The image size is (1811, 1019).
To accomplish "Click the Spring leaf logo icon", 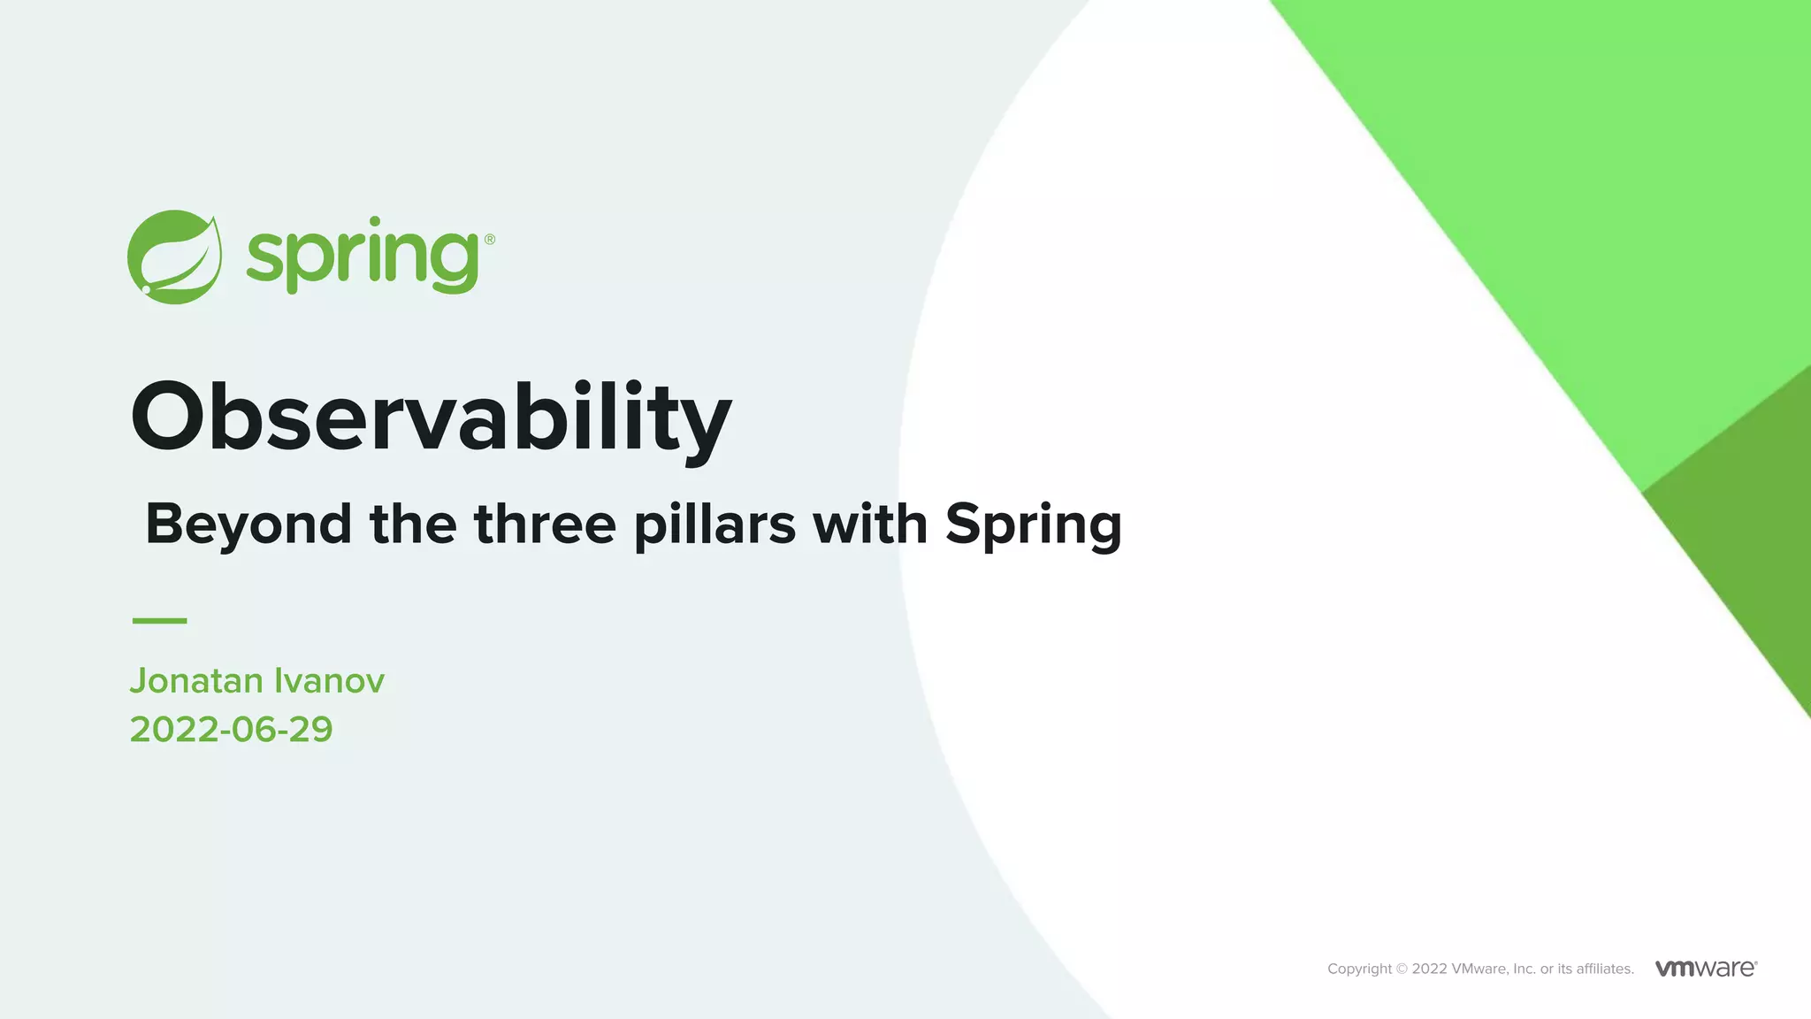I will [174, 257].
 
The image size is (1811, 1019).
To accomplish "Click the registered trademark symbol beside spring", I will [490, 239].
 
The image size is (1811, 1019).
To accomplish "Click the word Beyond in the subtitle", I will [248, 524].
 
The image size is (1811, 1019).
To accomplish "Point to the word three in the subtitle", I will [545, 524].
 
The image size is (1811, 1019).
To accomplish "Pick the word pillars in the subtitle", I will [714, 524].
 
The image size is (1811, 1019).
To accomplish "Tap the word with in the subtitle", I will [870, 524].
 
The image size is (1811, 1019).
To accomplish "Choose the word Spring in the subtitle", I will [1034, 524].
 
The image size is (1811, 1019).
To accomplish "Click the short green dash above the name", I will [159, 621].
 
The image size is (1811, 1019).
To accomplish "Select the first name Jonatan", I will [196, 681].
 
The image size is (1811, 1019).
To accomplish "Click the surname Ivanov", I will [329, 681].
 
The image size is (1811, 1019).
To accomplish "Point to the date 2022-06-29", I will [231, 730].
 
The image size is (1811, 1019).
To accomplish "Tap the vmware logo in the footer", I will [1706, 968].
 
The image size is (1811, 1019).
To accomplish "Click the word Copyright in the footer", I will [1359, 969].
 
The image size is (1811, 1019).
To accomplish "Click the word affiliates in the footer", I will [1604, 969].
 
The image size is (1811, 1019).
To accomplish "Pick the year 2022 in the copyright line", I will [1429, 969].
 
